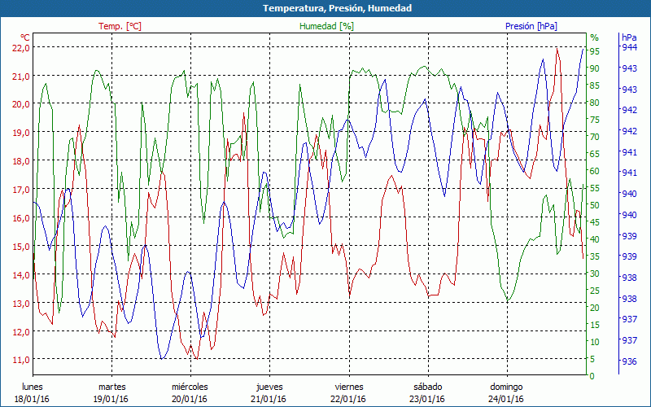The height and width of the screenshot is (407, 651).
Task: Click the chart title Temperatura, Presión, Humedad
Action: coord(325,8)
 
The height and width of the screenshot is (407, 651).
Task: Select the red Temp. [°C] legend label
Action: coord(120,26)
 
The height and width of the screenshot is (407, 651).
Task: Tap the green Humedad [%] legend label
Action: coord(326,26)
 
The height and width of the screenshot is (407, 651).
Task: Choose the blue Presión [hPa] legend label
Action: coord(531,26)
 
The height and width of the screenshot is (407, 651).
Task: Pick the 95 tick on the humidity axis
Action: coord(594,50)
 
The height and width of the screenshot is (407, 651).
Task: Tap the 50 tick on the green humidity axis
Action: coord(594,205)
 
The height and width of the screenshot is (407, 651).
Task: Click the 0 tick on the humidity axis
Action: coord(592,376)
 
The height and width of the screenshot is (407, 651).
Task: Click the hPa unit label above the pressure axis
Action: coord(629,37)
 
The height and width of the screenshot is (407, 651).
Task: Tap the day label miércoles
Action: coord(190,387)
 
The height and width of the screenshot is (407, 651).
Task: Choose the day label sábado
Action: coord(427,387)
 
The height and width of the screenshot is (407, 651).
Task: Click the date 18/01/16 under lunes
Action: coord(32,399)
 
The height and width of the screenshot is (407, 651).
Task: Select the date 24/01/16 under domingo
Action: coord(506,399)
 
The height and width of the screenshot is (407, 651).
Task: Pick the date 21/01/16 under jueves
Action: coord(269,399)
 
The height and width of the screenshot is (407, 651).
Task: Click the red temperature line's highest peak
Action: coord(557,48)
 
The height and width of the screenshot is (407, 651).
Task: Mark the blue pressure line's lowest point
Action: coord(163,358)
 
